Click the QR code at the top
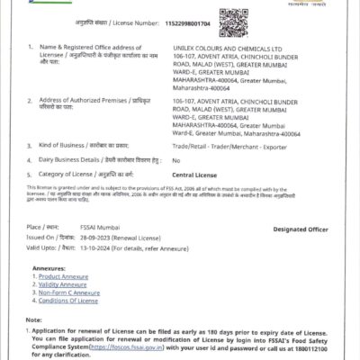click(x=236, y=19)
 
